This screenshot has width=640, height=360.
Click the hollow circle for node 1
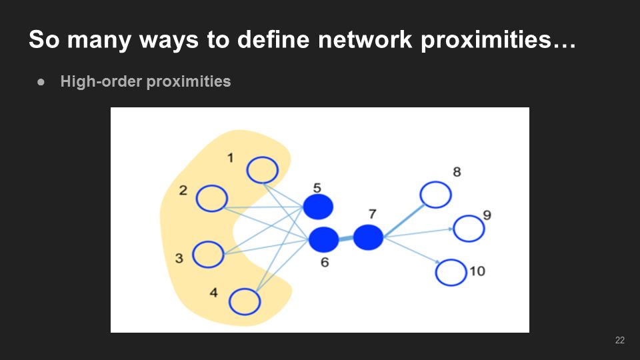click(262, 170)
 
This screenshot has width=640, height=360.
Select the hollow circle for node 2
click(212, 198)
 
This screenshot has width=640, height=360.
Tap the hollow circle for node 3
click(208, 254)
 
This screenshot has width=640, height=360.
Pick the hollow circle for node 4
click(244, 301)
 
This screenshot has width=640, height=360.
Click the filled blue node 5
click(318, 207)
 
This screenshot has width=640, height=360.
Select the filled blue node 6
click(324, 239)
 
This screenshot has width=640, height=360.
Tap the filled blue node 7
click(367, 237)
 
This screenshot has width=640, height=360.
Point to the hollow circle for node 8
click(436, 195)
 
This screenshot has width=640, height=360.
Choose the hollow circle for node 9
click(469, 229)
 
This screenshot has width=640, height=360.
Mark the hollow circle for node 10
click(451, 273)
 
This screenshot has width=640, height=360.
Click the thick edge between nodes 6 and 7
click(346, 238)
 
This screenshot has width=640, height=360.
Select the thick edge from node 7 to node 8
click(403, 216)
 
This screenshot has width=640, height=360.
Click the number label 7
click(372, 214)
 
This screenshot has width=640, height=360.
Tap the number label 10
click(477, 271)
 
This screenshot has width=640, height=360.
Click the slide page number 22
click(620, 341)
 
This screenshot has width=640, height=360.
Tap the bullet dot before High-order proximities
click(42, 83)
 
